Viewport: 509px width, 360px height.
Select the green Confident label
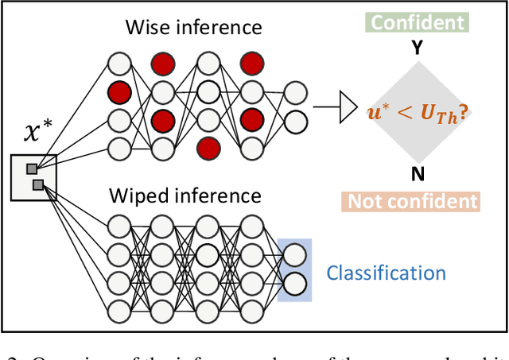[417, 21]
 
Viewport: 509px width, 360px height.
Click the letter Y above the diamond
[416, 48]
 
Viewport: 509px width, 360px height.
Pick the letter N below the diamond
[416, 174]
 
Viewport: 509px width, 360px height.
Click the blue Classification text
[387, 273]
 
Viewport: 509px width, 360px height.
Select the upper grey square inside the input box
[31, 168]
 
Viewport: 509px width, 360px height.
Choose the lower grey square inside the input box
[38, 185]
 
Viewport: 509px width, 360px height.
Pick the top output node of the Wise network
[293, 91]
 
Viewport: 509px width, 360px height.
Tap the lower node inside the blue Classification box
[293, 284]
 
